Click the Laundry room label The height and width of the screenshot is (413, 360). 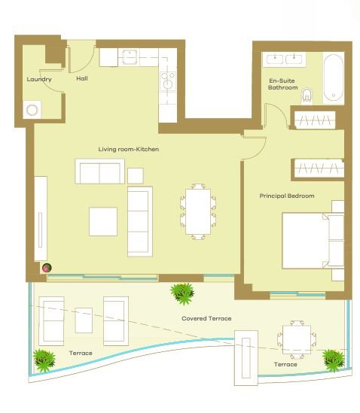point(39,79)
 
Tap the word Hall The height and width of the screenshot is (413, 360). point(82,78)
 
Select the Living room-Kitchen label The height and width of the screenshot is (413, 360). point(129,150)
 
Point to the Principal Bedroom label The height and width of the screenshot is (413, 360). point(287,196)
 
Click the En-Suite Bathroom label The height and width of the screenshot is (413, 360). point(282,84)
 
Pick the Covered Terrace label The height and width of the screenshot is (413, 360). point(206,318)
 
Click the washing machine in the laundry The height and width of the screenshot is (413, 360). point(32,110)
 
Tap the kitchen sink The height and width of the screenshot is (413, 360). point(129,57)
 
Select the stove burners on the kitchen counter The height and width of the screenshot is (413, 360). point(168,80)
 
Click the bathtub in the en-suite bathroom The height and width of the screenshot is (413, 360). point(334,78)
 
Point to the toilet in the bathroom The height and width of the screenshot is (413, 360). point(307,96)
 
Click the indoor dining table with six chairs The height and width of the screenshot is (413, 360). point(198,212)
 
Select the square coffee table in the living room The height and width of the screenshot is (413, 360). point(103,221)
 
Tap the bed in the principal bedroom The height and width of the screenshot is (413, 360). point(313,241)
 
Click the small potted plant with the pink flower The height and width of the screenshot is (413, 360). point(47,268)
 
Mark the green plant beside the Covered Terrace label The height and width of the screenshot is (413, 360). point(182,293)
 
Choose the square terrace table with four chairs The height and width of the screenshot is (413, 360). point(297,340)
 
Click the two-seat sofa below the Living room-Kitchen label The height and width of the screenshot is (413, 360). point(99,172)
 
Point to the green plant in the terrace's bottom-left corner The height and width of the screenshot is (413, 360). point(44,360)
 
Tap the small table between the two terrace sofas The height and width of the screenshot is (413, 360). point(84,320)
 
